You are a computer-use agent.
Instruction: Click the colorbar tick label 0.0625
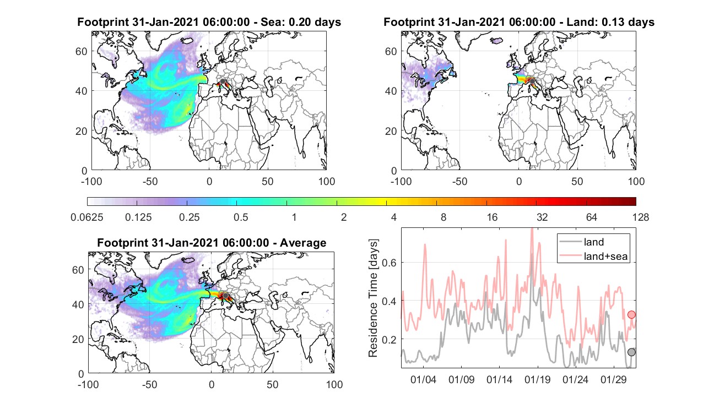click(87, 217)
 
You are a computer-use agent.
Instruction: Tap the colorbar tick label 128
click(641, 217)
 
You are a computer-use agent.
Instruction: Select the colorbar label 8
click(444, 217)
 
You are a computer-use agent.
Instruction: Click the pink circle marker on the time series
click(631, 314)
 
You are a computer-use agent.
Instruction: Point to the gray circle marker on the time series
click(631, 352)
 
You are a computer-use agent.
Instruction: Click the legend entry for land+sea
click(593, 256)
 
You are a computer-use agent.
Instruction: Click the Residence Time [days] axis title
click(373, 298)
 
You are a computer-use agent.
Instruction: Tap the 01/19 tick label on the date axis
click(538, 379)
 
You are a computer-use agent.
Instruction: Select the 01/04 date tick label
click(423, 379)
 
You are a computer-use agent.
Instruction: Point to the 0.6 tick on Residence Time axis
click(389, 263)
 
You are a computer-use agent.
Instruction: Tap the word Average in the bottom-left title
click(303, 243)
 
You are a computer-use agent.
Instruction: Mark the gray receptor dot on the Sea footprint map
click(223, 81)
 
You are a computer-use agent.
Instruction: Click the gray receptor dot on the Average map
click(225, 296)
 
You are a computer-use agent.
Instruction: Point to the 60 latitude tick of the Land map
click(391, 51)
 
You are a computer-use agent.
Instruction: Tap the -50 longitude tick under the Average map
click(149, 384)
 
